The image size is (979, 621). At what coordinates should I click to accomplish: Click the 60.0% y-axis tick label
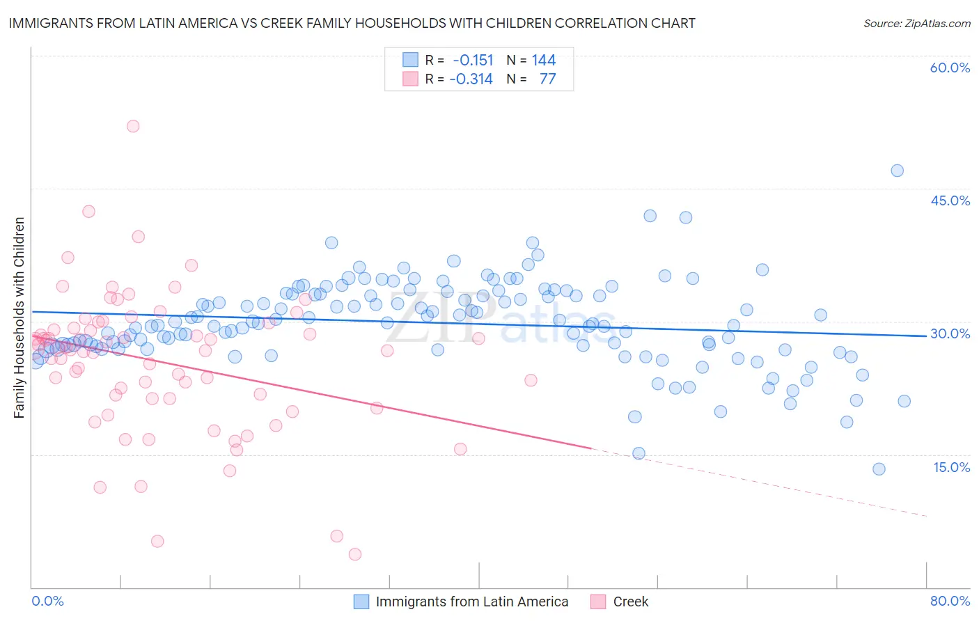[950, 68]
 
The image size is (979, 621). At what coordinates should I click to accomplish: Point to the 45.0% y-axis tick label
[950, 201]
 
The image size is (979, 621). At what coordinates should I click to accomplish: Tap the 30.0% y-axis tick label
[950, 333]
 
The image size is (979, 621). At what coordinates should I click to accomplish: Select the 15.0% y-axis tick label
[951, 467]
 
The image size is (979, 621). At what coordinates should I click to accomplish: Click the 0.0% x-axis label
[47, 601]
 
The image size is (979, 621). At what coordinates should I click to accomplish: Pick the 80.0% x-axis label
[950, 601]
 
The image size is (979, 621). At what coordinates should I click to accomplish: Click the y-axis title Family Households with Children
[19, 317]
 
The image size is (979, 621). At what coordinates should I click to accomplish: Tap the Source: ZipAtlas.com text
[916, 23]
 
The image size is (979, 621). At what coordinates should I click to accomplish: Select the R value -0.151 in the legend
[473, 61]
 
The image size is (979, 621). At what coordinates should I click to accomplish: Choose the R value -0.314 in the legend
[471, 79]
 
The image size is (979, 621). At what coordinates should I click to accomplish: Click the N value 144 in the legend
[544, 61]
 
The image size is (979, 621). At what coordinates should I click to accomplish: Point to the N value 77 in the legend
[547, 79]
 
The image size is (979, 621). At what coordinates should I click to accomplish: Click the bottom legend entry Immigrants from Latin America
[472, 602]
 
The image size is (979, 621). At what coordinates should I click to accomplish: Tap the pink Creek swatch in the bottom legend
[597, 602]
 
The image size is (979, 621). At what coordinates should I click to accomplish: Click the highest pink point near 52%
[133, 126]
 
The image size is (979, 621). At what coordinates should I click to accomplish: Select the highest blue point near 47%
[897, 171]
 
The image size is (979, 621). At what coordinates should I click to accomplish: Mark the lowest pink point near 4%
[355, 554]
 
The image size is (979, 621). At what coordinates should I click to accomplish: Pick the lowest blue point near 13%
[879, 469]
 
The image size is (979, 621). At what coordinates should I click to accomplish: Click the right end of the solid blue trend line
[926, 336]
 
